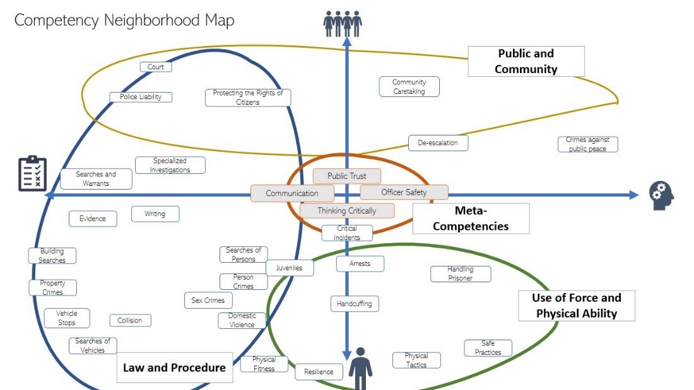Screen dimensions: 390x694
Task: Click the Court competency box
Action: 155,67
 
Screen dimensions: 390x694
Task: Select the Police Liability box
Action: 141,97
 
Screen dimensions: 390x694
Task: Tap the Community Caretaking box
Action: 409,87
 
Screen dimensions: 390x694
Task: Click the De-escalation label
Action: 438,143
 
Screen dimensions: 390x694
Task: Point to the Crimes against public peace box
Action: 587,144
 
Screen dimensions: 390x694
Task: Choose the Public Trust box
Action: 347,176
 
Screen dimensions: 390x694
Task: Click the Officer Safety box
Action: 404,192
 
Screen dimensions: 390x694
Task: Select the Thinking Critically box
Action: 346,211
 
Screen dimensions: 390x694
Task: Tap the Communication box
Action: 292,193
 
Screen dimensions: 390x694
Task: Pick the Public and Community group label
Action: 526,62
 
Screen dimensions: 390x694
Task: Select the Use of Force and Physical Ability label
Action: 576,306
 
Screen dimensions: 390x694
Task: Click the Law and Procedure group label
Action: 174,368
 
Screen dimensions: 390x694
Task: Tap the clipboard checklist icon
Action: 32,173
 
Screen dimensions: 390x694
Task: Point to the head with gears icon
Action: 662,195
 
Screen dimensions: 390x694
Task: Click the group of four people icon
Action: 343,23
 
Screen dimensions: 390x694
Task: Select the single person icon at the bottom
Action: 361,369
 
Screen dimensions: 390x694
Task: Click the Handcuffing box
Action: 354,304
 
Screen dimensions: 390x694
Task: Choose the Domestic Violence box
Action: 242,320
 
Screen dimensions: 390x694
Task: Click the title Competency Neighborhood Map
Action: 124,20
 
